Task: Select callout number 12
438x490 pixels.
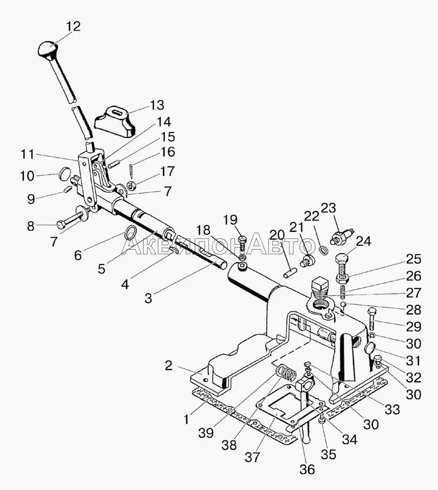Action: (x=73, y=26)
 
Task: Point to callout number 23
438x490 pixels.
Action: (x=328, y=208)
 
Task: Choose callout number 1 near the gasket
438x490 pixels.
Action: (x=186, y=420)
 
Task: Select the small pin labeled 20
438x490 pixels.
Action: (x=291, y=273)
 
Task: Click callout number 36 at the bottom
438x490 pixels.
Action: (x=308, y=469)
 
